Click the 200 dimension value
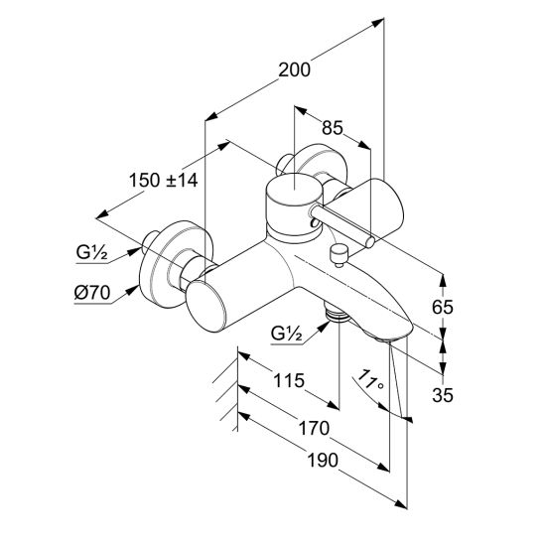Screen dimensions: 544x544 tap(294, 70)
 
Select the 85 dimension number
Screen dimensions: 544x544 tap(332, 128)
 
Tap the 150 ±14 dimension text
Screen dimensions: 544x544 tap(163, 180)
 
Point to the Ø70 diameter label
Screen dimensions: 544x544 tap(92, 293)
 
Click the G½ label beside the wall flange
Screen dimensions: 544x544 tap(91, 252)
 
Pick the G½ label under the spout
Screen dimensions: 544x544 tap(286, 334)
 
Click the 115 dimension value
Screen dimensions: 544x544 tap(289, 380)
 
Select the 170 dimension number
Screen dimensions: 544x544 tap(314, 428)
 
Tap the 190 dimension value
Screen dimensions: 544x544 tap(323, 461)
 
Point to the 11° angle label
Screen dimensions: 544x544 tap(370, 380)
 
